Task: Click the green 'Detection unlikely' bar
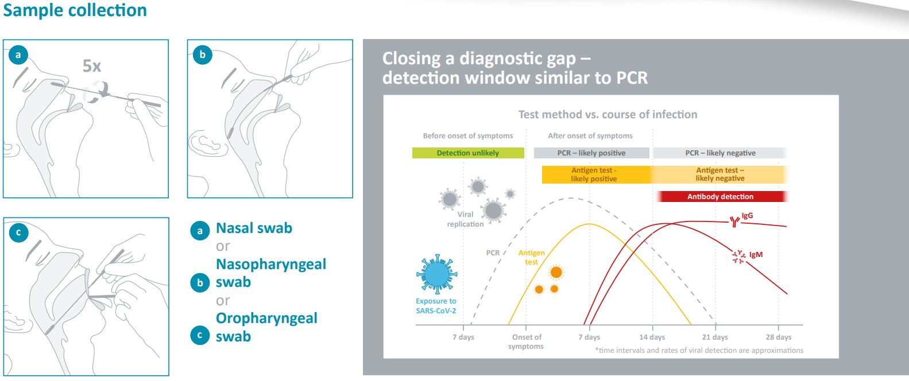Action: (x=468, y=153)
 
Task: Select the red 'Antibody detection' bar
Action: (x=720, y=196)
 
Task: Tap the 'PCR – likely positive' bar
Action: (x=591, y=153)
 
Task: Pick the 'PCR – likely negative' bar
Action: (x=720, y=153)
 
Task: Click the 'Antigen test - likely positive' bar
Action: (x=594, y=174)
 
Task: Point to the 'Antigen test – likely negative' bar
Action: (x=720, y=174)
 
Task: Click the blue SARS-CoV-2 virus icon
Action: (x=436, y=275)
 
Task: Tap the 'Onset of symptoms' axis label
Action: (x=526, y=341)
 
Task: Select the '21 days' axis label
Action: (x=715, y=337)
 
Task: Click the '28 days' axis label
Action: (x=778, y=337)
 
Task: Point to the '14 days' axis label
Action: (x=652, y=337)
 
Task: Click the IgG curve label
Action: (x=747, y=216)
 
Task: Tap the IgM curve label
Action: (x=756, y=255)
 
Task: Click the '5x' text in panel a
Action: (x=92, y=66)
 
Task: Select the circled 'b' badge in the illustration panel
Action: (x=202, y=55)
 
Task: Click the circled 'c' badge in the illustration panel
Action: (x=19, y=232)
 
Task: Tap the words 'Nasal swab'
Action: (x=254, y=228)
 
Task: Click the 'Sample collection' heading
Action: (x=75, y=10)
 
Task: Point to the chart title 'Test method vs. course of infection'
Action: (x=608, y=114)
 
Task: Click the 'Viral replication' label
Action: (x=466, y=219)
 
